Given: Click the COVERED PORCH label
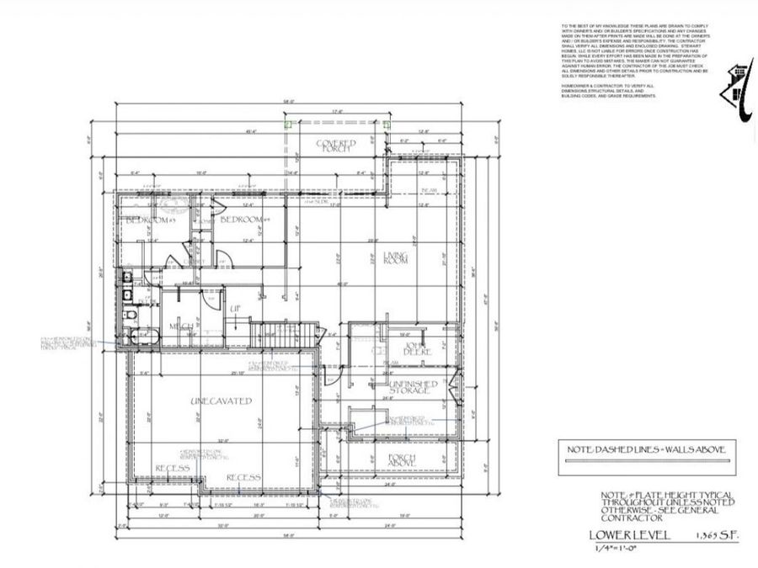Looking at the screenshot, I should coord(336,146).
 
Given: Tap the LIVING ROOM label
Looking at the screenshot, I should coord(396,258).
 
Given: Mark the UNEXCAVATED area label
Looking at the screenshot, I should coord(222,401).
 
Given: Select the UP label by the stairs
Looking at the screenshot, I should coord(237,310).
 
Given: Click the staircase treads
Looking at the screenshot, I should coord(285,335).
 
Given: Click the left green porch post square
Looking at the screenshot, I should coord(289,124).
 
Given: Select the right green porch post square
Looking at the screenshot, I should coord(386,124).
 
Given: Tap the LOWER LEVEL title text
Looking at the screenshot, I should coord(629,534).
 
